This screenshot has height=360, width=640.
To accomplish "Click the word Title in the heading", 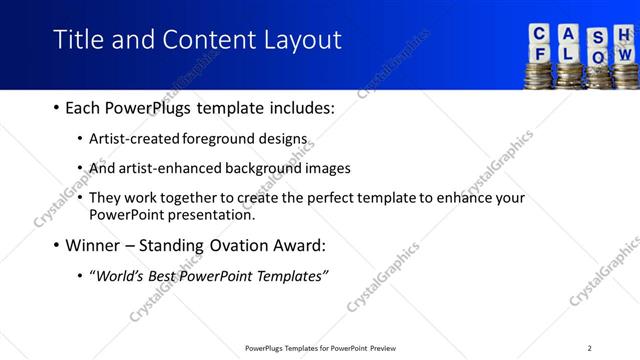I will pos(76,40).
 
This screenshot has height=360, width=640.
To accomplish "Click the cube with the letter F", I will pos(540,53).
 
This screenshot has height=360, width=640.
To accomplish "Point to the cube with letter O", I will pos(598,57).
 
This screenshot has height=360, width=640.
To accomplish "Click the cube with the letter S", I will pos(597,37).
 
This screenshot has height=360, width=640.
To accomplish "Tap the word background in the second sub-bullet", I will pos(269,168).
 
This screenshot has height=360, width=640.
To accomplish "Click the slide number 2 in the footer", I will pos(589,348).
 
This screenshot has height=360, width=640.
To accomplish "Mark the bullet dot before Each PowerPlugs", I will pos(54,107).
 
